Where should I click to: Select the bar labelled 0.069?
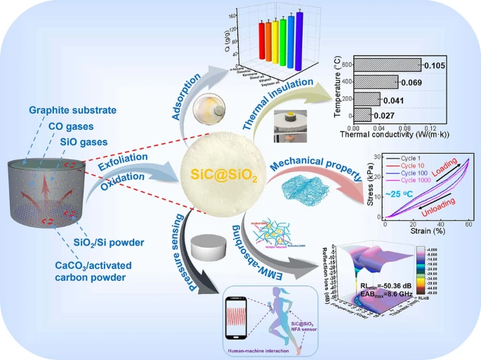pyautogui.click(x=378, y=81)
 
